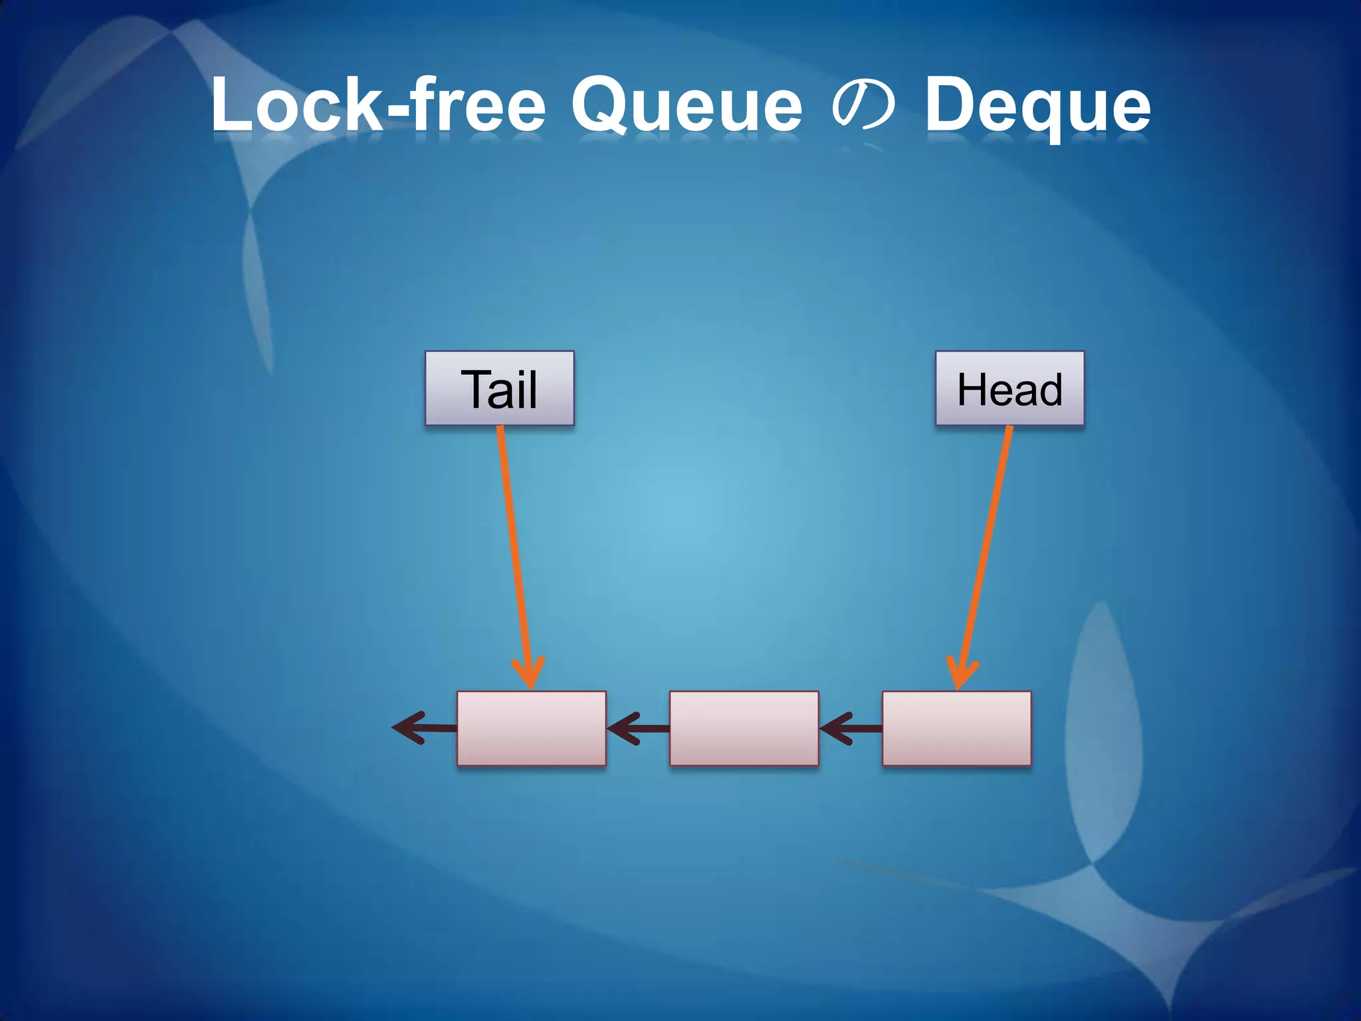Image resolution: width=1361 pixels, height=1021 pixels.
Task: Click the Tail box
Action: pyautogui.click(x=499, y=388)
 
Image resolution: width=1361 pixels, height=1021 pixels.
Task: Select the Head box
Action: pyautogui.click(x=1009, y=388)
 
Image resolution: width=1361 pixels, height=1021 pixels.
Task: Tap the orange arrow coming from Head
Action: pyautogui.click(x=986, y=545)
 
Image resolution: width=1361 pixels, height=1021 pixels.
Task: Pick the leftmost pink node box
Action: pyautogui.click(x=531, y=729)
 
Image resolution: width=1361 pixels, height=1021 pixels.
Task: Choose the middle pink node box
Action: pyautogui.click(x=744, y=729)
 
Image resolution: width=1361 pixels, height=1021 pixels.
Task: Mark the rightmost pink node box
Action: pyautogui.click(x=956, y=729)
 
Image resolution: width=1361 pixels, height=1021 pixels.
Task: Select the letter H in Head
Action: pyautogui.click(x=970, y=389)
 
